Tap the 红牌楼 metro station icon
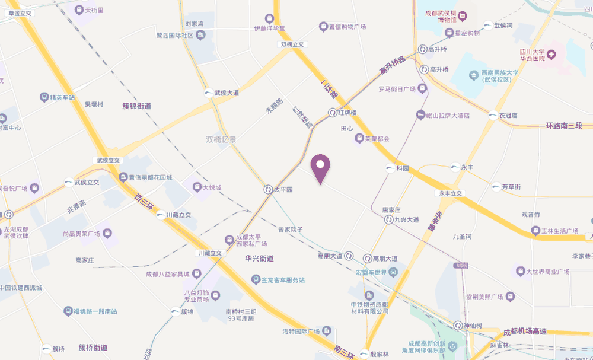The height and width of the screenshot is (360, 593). point(333,112)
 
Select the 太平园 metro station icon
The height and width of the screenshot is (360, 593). point(268,190)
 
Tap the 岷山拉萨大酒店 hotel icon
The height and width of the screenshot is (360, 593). point(420,115)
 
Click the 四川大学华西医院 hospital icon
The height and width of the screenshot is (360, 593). point(551,55)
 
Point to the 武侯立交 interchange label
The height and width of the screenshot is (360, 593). point(109,160)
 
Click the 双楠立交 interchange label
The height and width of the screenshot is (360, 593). point(292,44)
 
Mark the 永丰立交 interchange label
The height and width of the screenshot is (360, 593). point(450,193)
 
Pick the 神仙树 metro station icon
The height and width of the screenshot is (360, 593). point(458,326)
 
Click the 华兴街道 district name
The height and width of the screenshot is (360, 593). point(259,259)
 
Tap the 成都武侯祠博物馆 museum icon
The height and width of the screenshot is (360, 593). point(464,14)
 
